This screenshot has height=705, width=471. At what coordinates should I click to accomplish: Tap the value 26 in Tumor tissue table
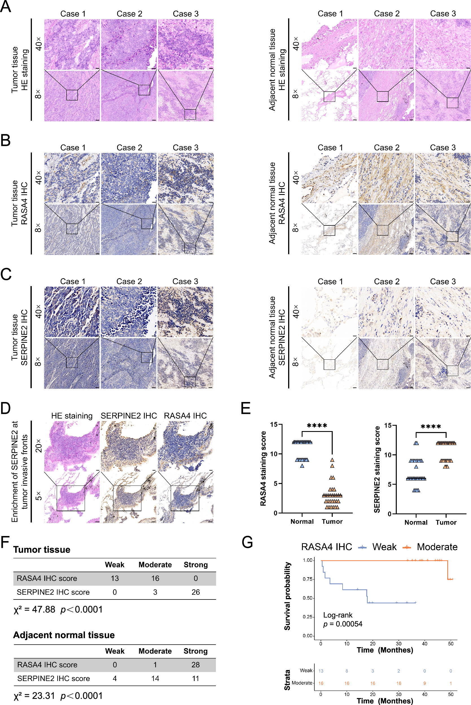[196, 592]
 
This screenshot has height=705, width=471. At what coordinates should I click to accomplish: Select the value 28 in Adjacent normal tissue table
[196, 665]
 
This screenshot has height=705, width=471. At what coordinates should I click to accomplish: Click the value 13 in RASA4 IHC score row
[115, 578]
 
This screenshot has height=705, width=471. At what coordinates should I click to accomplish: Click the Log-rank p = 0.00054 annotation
[342, 620]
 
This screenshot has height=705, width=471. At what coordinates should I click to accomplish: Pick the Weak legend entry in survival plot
[384, 547]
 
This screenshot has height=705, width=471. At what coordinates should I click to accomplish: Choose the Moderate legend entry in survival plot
[437, 547]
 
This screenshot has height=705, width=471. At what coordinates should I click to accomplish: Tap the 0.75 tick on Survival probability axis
[308, 579]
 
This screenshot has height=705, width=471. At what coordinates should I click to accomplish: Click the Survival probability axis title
[288, 596]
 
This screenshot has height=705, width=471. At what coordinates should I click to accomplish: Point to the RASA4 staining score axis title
[263, 468]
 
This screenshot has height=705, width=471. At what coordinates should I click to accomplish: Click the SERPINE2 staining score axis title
[377, 469]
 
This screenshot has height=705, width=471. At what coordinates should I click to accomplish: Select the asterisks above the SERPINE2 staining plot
[431, 427]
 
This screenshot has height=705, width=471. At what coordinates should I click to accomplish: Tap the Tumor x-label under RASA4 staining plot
[332, 522]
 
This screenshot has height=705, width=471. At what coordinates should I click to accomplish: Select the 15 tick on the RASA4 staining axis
[273, 424]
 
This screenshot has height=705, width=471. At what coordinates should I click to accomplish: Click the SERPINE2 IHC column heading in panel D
[129, 416]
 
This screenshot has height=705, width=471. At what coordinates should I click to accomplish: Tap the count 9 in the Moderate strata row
[424, 683]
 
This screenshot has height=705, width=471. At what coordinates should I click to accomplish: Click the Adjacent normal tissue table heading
[64, 635]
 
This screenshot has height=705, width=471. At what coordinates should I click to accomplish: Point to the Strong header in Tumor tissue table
[196, 565]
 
